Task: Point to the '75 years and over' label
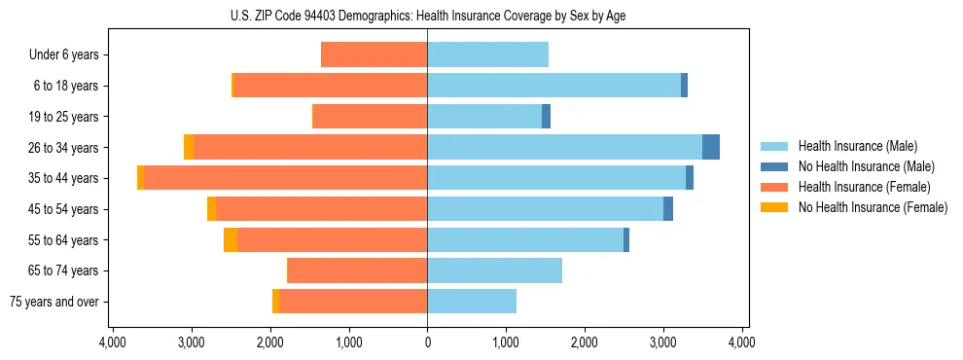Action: click(54, 302)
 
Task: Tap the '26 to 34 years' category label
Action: click(60, 147)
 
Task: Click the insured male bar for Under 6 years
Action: click(487, 54)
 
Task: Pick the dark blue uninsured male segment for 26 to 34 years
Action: click(711, 147)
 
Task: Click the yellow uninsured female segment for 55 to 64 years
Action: click(231, 239)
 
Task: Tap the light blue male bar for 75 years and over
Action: click(472, 302)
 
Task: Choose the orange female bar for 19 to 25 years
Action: click(370, 117)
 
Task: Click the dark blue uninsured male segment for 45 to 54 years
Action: click(668, 208)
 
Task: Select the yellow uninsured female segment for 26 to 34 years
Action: click(189, 147)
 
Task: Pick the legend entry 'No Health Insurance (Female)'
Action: click(873, 207)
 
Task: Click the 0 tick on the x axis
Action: click(427, 343)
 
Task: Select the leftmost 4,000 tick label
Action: click(113, 343)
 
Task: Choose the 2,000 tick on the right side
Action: click(585, 343)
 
